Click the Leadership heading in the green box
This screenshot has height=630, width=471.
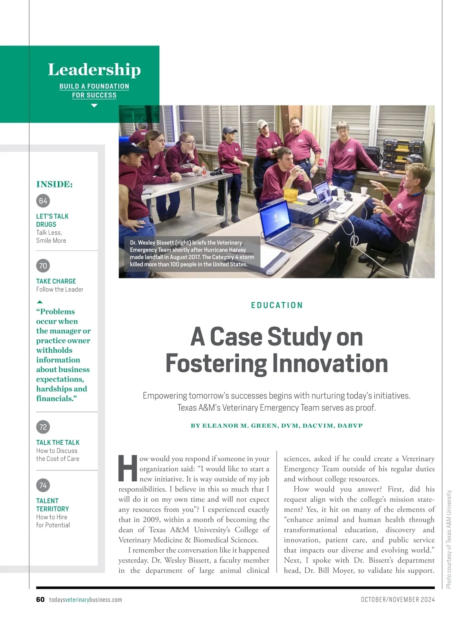94,70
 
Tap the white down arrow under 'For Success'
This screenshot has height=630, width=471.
94,106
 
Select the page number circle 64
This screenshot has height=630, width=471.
43,201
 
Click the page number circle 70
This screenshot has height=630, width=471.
43,266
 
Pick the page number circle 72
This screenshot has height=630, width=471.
43,427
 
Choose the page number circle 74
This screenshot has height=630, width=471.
43,485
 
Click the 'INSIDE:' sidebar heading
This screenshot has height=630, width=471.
55,184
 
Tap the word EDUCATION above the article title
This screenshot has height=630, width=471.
277,305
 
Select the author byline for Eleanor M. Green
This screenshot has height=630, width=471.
277,426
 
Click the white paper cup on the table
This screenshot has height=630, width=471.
364,191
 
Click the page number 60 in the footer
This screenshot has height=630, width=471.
40,599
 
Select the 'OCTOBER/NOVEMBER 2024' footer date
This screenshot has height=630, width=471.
398,599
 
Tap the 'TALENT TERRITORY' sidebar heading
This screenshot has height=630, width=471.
53,505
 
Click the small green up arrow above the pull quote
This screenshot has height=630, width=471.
40,302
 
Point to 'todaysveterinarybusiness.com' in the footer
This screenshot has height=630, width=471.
86,599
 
